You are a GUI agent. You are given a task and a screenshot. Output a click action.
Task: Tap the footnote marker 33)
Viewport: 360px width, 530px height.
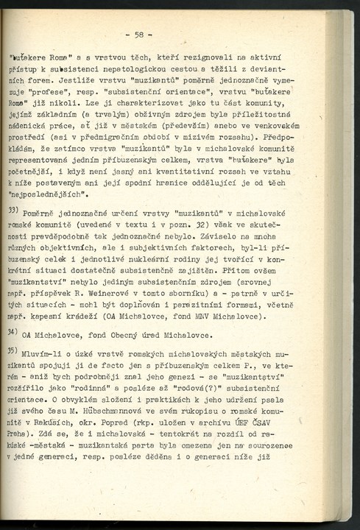13,211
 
